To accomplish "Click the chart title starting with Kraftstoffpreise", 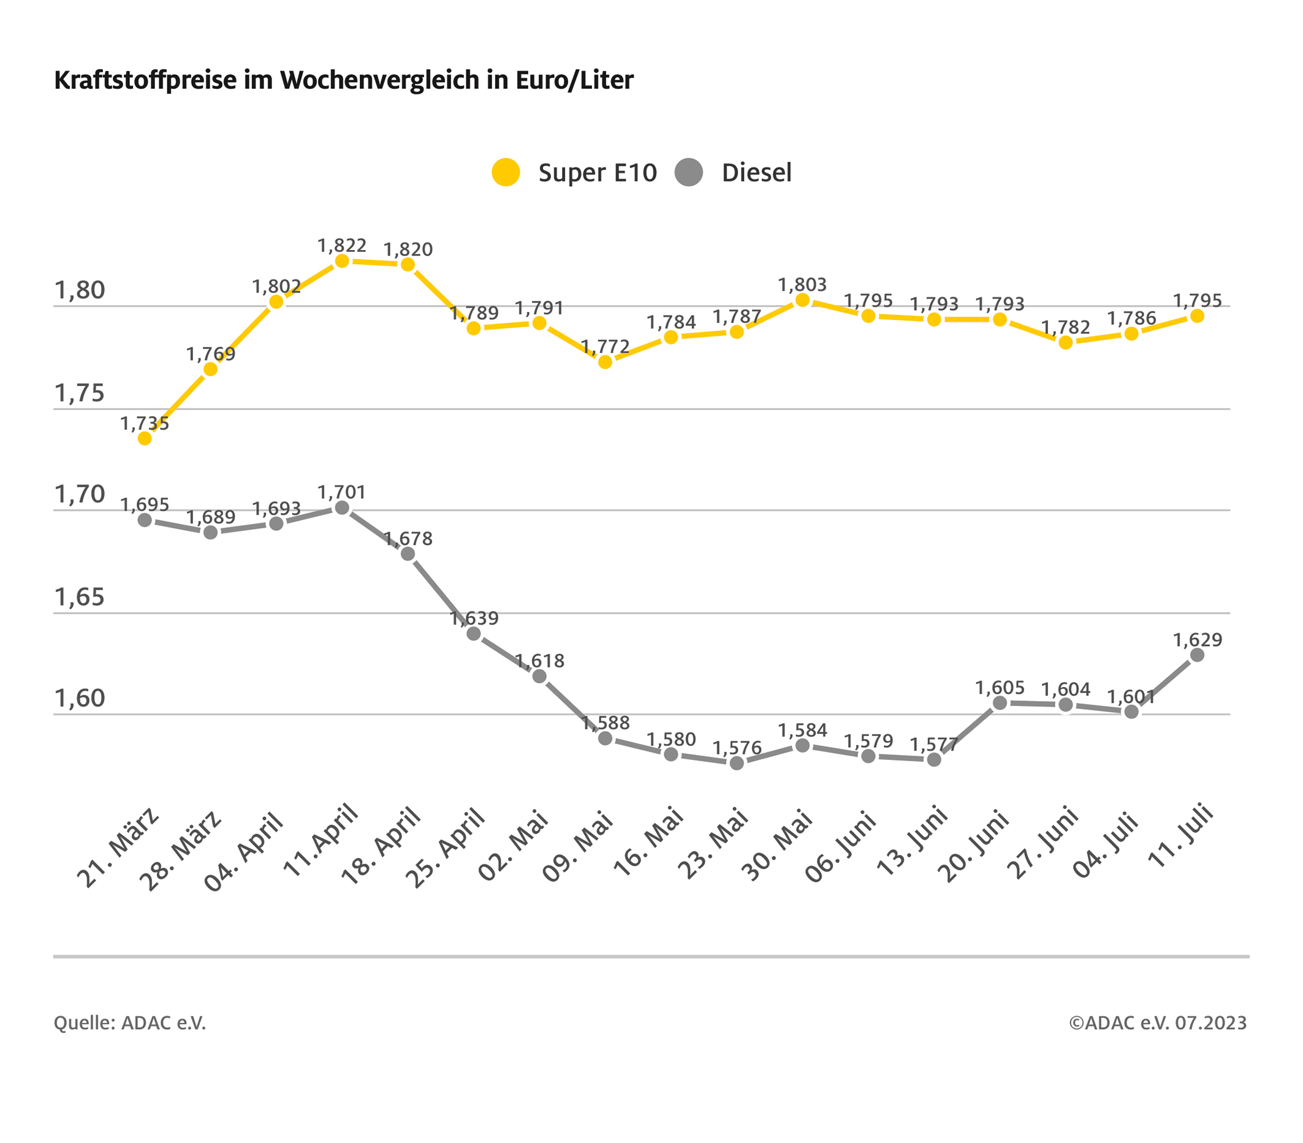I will pos(344,80).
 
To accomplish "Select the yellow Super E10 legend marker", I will pos(506,172).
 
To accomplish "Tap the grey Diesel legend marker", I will pos(688,172).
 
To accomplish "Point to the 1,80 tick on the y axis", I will pos(80,290).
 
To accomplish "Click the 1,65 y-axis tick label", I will pos(80,598).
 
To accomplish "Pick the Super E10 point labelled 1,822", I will pos(342,260).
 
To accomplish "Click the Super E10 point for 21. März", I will pos(145,438).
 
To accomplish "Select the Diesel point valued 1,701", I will pos(342,507).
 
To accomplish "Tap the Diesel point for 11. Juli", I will pos(1197,655).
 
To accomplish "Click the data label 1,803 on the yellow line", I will pos(802,285).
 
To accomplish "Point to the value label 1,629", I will pos(1197,639).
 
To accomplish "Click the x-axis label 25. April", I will pos(446,848).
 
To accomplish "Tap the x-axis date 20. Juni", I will pos(974,845).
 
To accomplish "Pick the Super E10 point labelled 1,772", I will pos(605,362).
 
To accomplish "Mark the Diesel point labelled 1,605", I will pos(1000,702).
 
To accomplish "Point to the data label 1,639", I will pos(474,618).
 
